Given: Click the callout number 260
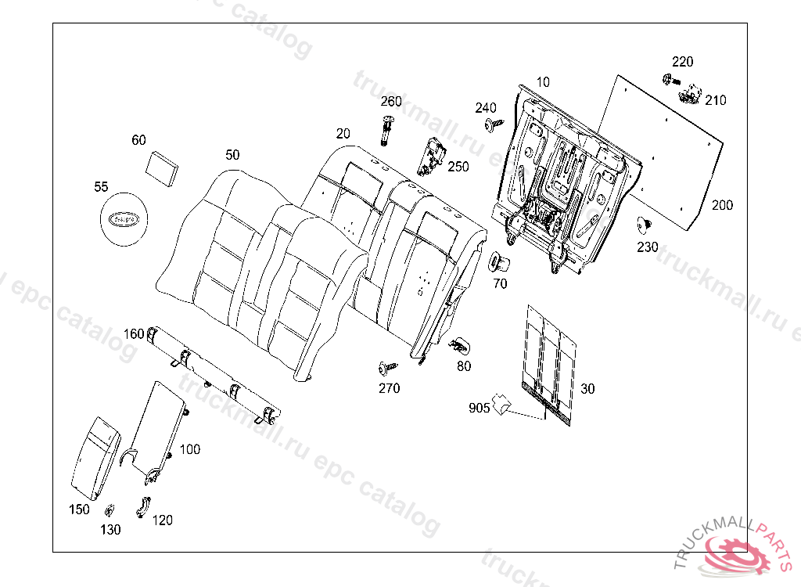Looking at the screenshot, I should click(391, 102).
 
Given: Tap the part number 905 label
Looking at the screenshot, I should click(480, 408).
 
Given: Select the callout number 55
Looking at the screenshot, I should click(101, 187).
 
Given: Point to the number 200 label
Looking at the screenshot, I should click(722, 205).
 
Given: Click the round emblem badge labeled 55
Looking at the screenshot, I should click(124, 221).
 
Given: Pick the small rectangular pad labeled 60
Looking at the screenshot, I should click(163, 167).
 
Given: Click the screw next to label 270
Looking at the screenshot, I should click(386, 366).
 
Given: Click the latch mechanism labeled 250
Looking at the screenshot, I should click(433, 154).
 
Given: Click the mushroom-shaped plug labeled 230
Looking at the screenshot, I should click(645, 225).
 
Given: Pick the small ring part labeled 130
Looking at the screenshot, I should click(109, 511).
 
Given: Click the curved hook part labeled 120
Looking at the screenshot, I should click(143, 506).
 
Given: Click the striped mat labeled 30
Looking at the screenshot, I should click(551, 364).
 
